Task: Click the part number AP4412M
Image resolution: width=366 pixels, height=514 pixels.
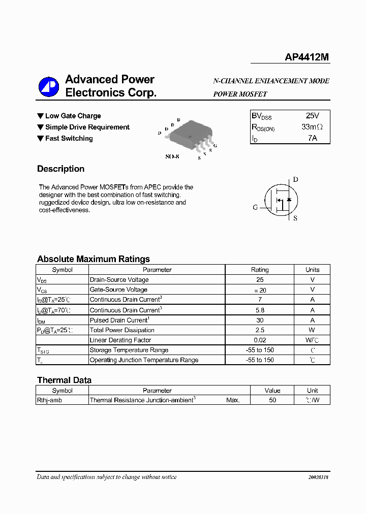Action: pos(307,58)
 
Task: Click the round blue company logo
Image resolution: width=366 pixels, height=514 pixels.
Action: pos(49,87)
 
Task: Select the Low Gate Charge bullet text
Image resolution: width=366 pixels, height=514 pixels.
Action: pos(73,116)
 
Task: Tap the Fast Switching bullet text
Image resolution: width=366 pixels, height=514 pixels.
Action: pos(69,138)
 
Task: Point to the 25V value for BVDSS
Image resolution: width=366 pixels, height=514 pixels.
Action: pos(312,116)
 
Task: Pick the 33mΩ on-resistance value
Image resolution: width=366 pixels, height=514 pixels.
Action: pos(312,127)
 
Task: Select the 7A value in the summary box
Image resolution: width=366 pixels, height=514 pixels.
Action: pos(312,138)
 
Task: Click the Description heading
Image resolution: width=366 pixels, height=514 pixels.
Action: pos(60,169)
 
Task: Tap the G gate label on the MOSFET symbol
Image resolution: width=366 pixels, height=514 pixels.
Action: pos(255,207)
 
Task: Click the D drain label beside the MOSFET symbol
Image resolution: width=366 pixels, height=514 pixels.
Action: pos(295,179)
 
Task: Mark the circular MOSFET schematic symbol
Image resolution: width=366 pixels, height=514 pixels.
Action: pos(280,200)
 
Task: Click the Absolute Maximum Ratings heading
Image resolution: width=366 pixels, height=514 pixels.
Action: pos(94,259)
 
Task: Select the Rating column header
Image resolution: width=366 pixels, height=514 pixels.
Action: pos(260,270)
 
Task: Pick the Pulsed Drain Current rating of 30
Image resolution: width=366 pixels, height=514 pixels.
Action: pos(260,320)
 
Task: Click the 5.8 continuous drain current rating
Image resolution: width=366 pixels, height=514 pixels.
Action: pos(260,310)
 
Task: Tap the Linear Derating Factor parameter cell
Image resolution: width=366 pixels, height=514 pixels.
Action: pos(120,340)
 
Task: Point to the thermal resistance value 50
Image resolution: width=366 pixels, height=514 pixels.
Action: pos(272,400)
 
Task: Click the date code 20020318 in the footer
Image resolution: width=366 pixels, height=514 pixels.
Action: pos(318,477)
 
